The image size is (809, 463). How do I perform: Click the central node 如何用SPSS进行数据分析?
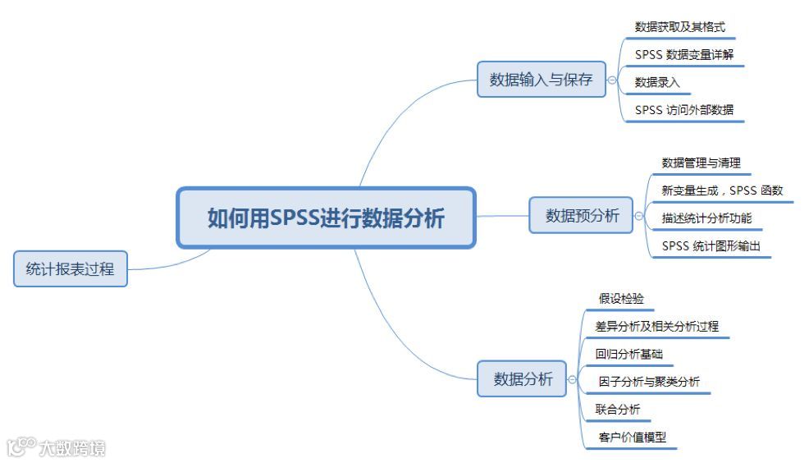(x=326, y=218)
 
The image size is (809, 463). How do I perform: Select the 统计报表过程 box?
(x=71, y=268)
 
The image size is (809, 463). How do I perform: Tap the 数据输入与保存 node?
(x=541, y=80)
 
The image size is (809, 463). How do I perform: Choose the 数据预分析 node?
(x=582, y=216)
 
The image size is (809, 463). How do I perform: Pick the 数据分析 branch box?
(x=523, y=379)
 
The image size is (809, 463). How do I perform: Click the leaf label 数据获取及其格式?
(x=679, y=27)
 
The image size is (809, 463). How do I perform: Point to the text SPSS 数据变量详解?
(x=684, y=55)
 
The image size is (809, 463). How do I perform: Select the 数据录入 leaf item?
(x=657, y=82)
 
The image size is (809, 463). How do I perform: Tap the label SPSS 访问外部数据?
(x=684, y=110)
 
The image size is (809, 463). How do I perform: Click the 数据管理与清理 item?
(x=701, y=163)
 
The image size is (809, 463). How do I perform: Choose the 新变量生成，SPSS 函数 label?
(x=722, y=190)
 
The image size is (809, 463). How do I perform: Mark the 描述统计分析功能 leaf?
(x=706, y=218)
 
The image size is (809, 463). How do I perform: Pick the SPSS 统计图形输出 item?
(x=711, y=245)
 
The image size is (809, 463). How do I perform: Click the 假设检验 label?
(x=621, y=299)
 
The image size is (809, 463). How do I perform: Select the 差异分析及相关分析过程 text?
(x=657, y=326)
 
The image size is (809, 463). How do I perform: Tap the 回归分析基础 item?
(x=629, y=354)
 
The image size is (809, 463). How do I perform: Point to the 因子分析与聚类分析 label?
(x=649, y=382)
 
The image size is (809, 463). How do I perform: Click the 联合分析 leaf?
(x=618, y=409)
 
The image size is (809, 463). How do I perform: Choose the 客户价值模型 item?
(x=632, y=438)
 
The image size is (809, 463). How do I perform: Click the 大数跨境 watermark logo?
(x=57, y=447)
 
